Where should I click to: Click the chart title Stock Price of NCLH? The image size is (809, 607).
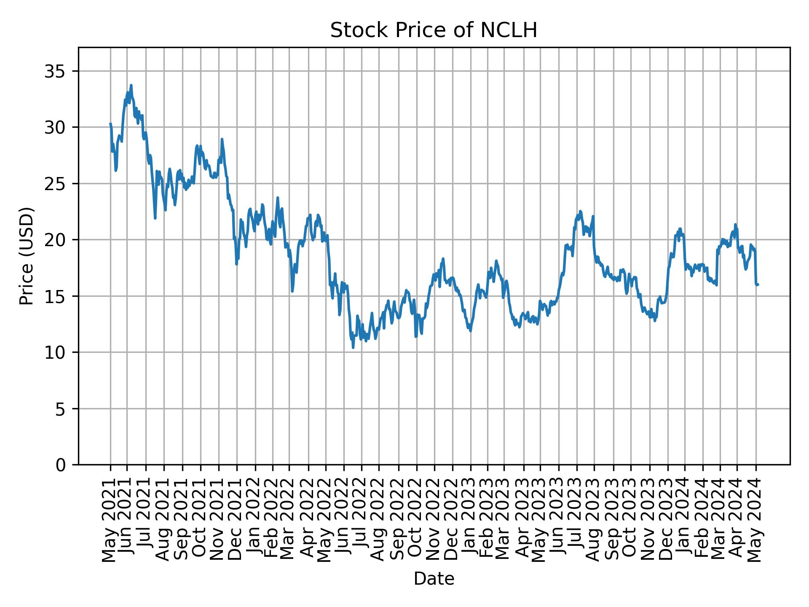pyautogui.click(x=434, y=31)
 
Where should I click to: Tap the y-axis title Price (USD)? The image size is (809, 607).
pyautogui.click(x=27, y=256)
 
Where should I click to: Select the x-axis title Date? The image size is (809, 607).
pyautogui.click(x=434, y=579)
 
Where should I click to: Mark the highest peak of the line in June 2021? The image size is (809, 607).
pyautogui.click(x=131, y=85)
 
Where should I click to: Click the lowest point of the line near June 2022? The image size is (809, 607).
pyautogui.click(x=353, y=347)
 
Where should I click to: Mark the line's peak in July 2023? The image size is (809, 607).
pyautogui.click(x=580, y=211)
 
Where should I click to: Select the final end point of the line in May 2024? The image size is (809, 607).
pyautogui.click(x=758, y=285)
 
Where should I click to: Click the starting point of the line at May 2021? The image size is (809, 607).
pyautogui.click(x=110, y=124)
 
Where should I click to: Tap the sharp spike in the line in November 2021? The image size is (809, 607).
pyautogui.click(x=222, y=139)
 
